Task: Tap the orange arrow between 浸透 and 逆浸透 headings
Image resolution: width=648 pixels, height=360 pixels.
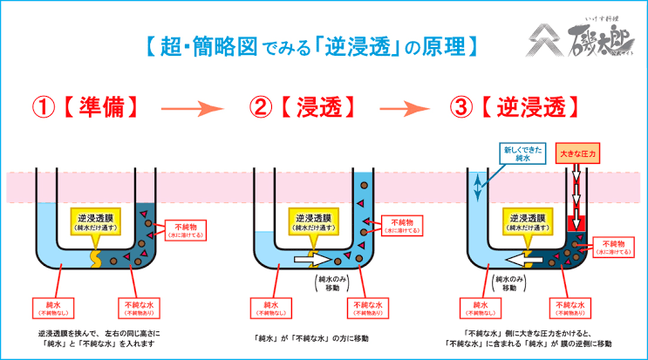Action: pyautogui.click(x=405, y=109)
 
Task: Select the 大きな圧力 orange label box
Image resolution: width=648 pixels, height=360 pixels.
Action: pyautogui.click(x=576, y=154)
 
